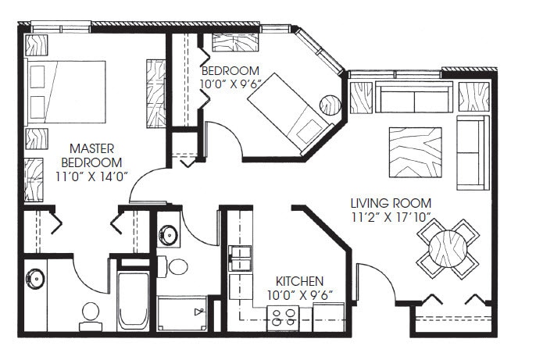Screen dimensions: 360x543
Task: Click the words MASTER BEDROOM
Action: (93, 155)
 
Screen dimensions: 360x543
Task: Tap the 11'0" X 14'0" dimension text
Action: (93, 176)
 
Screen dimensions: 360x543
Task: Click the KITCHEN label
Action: (300, 281)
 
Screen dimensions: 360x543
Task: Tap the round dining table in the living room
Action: (448, 250)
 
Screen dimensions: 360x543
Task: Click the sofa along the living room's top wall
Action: (413, 98)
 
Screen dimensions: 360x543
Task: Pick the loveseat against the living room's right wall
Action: (472, 153)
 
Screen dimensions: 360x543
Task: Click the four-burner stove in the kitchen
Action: (283, 316)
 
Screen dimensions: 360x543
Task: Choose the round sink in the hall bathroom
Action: (169, 233)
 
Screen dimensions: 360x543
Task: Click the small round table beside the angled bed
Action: (330, 103)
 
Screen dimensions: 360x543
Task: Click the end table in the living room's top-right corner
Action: (473, 96)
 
